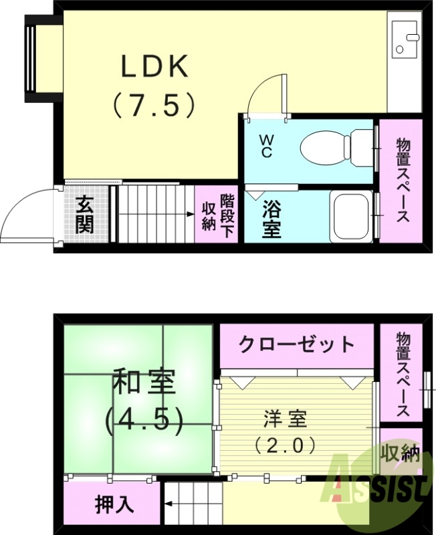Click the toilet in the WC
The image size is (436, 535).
(334, 146)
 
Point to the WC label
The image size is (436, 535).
(266, 146)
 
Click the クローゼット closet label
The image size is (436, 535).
(296, 344)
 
